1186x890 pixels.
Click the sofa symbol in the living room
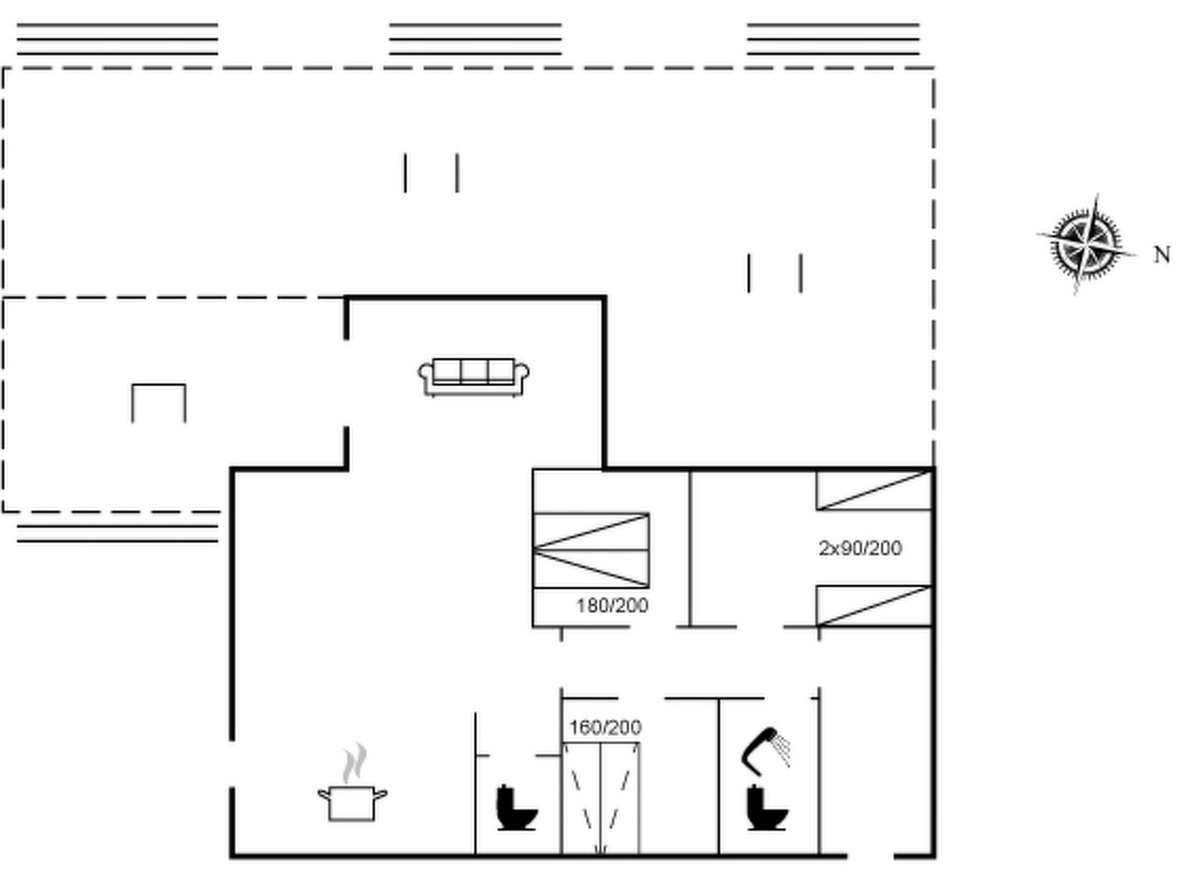474,377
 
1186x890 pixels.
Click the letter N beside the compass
1162,255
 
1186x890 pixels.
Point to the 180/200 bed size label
612,606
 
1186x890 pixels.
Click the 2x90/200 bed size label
860,548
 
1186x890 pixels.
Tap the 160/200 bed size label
605,728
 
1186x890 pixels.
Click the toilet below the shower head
766,808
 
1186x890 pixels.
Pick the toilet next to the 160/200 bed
516,808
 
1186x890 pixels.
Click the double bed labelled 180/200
591,550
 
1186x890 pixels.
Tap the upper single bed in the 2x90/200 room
873,491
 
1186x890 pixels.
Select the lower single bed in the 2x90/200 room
873,606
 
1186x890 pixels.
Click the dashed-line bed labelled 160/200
601,798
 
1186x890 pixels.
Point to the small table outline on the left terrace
159,402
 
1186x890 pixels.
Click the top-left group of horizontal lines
118,39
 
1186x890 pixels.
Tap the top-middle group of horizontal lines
475,39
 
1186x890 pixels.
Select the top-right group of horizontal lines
833,39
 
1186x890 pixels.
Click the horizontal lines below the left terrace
118,534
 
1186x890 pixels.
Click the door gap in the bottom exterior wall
870,855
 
